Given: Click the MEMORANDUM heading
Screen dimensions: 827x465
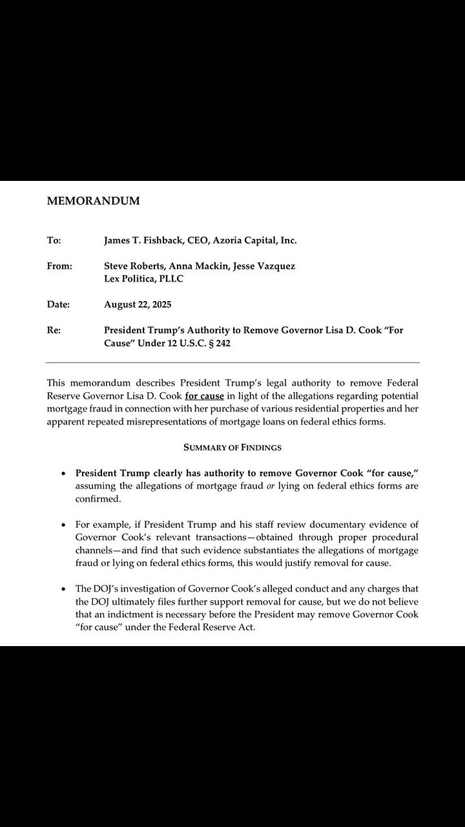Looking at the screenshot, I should pos(93,201).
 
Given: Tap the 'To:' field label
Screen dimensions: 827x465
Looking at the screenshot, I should pos(54,240).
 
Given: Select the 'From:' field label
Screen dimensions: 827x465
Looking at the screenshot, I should pos(59,266).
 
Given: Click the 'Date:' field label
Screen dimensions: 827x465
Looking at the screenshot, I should pos(58,304).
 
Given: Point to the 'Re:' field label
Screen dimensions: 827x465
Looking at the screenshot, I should pos(54,330).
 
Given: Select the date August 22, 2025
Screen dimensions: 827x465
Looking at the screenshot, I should pos(138,304).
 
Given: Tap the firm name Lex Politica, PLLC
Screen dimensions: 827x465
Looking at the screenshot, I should pos(143,278).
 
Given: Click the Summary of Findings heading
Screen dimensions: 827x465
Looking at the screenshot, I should pos(232,447).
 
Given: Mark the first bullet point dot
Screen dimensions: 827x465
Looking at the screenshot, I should pos(63,474).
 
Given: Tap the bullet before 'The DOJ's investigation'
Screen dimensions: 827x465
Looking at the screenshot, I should pos(63,590).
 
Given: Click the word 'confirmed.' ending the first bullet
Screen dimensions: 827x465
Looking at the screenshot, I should pos(98,499).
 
